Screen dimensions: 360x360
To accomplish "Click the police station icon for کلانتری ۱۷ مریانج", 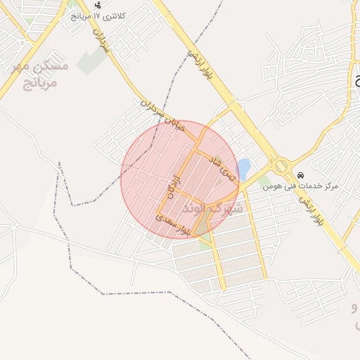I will pyautogui.click(x=97, y=4).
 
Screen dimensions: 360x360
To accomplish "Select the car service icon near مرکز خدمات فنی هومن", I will pyautogui.click(x=301, y=175).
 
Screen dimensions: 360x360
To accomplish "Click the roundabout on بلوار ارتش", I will pyautogui.click(x=281, y=166).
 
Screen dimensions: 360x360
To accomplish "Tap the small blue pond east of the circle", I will pyautogui.click(x=243, y=168).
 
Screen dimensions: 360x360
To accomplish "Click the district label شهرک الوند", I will pyautogui.click(x=212, y=208).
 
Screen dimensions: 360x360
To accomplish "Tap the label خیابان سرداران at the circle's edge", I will pyautogui.click(x=163, y=119).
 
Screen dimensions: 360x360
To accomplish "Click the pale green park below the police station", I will pyautogui.click(x=92, y=61).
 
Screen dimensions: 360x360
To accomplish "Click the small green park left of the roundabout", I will pyautogui.click(x=264, y=181).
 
